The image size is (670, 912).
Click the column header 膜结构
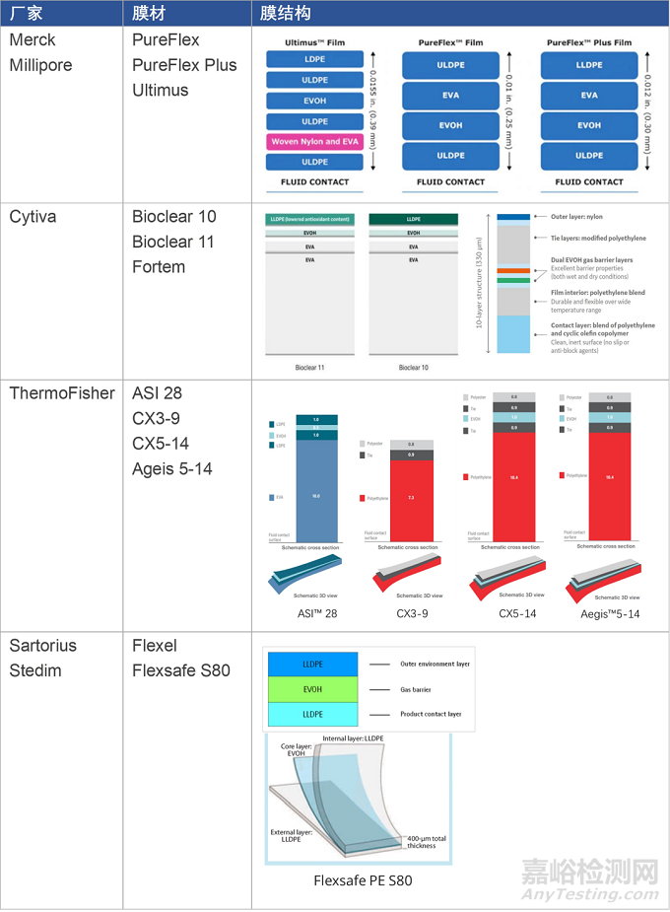[x=286, y=13]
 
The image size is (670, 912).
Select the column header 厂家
[x=26, y=13]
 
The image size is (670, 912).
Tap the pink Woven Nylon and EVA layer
[x=314, y=142]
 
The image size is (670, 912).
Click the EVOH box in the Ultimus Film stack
[x=314, y=101]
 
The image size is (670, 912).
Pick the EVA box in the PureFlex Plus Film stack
[x=588, y=96]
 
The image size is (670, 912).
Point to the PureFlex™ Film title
[x=450, y=43]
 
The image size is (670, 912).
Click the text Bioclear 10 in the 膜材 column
[x=173, y=217]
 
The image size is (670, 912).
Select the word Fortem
[x=159, y=267]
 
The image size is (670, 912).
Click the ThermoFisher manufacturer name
[x=63, y=393]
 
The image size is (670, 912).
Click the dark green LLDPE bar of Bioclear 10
[x=413, y=219]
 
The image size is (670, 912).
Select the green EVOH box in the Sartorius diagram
[x=312, y=690]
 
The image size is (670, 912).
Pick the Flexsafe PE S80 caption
[x=363, y=879]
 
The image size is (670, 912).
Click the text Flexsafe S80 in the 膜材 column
[x=181, y=670]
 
